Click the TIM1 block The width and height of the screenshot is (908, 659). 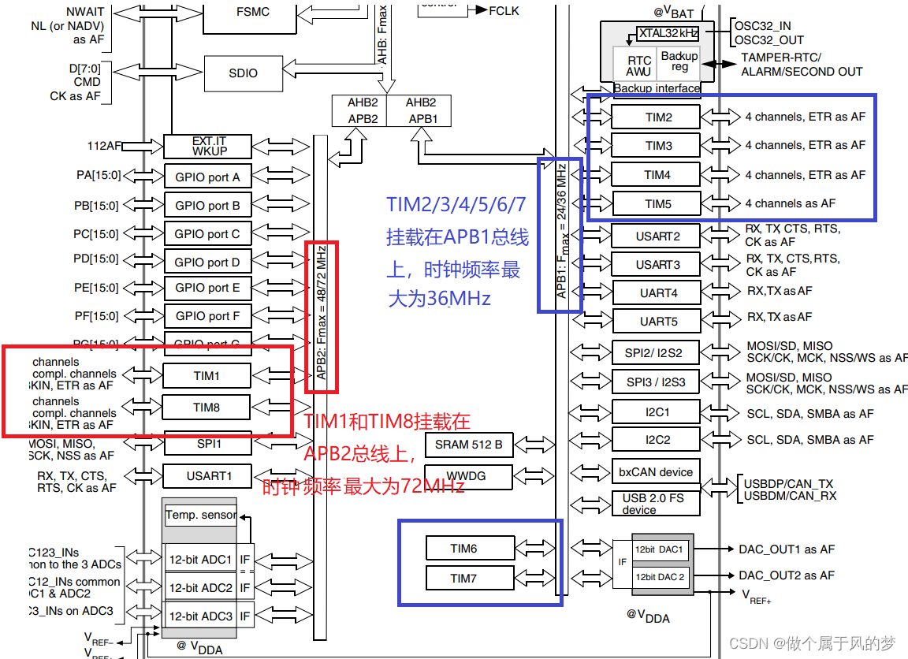[207, 376]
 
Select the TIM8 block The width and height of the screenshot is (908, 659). [207, 407]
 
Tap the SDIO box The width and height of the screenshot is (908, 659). [243, 73]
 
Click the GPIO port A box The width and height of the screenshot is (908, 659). [207, 177]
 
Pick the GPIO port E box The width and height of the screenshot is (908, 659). [207, 288]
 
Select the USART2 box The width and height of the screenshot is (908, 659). [657, 236]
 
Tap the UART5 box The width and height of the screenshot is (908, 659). [657, 322]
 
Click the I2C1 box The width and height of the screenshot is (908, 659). [657, 411]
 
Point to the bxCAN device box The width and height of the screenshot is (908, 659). [656, 471]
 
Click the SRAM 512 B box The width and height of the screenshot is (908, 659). [468, 445]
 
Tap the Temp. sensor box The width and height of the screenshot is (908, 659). [200, 515]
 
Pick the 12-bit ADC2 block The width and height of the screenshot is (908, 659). [200, 587]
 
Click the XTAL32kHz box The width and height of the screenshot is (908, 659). [668, 33]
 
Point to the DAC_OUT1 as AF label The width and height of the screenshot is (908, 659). [786, 549]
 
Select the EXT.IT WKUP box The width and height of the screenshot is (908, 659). [208, 146]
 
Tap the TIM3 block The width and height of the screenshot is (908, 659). [657, 145]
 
